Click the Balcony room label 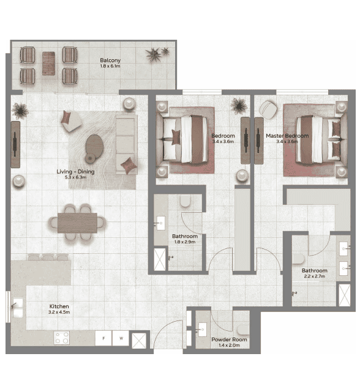tap(110, 60)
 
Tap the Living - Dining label tap(75, 172)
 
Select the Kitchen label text tap(59, 306)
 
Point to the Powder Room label tap(229, 339)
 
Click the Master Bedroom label tap(287, 136)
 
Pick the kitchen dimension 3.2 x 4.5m tap(59, 312)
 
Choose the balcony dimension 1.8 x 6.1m tap(110, 66)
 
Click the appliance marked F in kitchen tap(104, 338)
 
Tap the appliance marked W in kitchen tap(121, 338)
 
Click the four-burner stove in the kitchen tap(62, 338)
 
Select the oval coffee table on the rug tap(95, 144)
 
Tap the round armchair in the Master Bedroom tap(268, 109)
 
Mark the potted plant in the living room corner tap(21, 110)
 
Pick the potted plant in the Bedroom tap(237, 106)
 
